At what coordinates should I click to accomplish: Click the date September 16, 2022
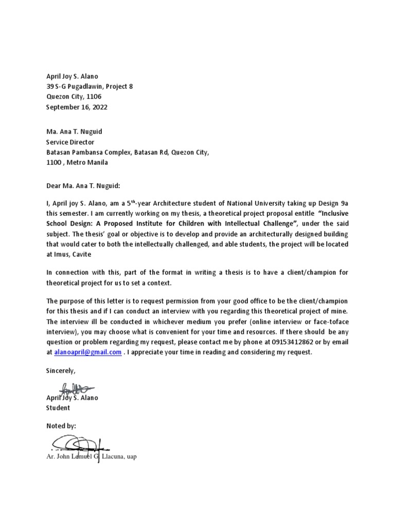click(x=77, y=107)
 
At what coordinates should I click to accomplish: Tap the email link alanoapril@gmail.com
click(x=88, y=352)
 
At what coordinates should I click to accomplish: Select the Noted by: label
click(x=61, y=426)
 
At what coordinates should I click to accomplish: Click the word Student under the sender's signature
click(x=58, y=408)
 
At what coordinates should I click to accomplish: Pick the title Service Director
click(x=70, y=142)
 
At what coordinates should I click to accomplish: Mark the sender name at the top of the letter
click(x=72, y=77)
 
